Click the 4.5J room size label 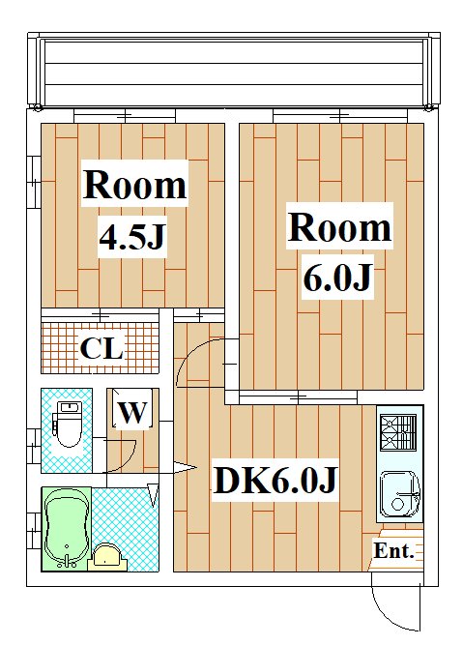[x=132, y=237]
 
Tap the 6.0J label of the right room [x=337, y=278]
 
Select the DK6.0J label [x=275, y=480]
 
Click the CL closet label [x=101, y=348]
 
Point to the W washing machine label [x=132, y=412]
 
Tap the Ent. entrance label [x=393, y=550]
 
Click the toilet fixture [x=69, y=425]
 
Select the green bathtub [x=66, y=529]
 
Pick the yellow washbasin [x=107, y=557]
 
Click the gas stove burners [x=398, y=432]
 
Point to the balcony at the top [x=234, y=69]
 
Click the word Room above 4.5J [x=135, y=185]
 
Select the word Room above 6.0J [x=339, y=227]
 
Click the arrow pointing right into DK [x=185, y=468]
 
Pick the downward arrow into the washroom [x=153, y=495]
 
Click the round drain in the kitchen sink [x=398, y=505]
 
